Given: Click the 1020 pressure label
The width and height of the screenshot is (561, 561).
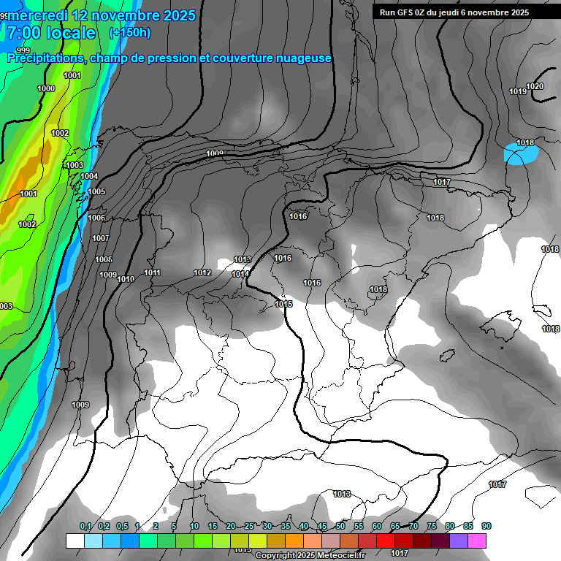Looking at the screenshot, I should (535, 86).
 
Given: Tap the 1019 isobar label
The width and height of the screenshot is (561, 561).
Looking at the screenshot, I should (518, 91).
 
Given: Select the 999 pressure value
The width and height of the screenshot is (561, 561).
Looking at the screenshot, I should (23, 50).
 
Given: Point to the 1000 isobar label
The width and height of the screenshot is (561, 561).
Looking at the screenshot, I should (45, 88).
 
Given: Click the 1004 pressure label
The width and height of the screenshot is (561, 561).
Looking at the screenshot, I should (89, 176).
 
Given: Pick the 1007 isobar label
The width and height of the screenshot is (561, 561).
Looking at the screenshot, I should (101, 238).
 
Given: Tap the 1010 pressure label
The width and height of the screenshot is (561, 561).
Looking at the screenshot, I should (126, 279).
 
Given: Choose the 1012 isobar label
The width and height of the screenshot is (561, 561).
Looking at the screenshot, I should (202, 272).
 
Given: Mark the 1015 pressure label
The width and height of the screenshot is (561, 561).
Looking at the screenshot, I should (283, 304).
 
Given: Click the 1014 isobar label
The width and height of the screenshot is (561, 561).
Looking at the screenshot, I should (240, 274).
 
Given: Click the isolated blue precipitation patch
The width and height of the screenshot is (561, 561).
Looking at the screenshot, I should (522, 154).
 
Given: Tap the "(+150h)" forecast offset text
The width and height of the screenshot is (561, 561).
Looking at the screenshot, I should (130, 33).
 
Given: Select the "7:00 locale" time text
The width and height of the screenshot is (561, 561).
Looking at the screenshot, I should (51, 33).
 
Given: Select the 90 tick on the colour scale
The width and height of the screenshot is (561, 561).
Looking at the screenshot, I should (486, 526).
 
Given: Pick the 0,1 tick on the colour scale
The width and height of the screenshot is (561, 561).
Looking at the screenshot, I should (85, 526).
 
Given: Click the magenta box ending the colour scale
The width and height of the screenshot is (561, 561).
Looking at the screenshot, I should (477, 541).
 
